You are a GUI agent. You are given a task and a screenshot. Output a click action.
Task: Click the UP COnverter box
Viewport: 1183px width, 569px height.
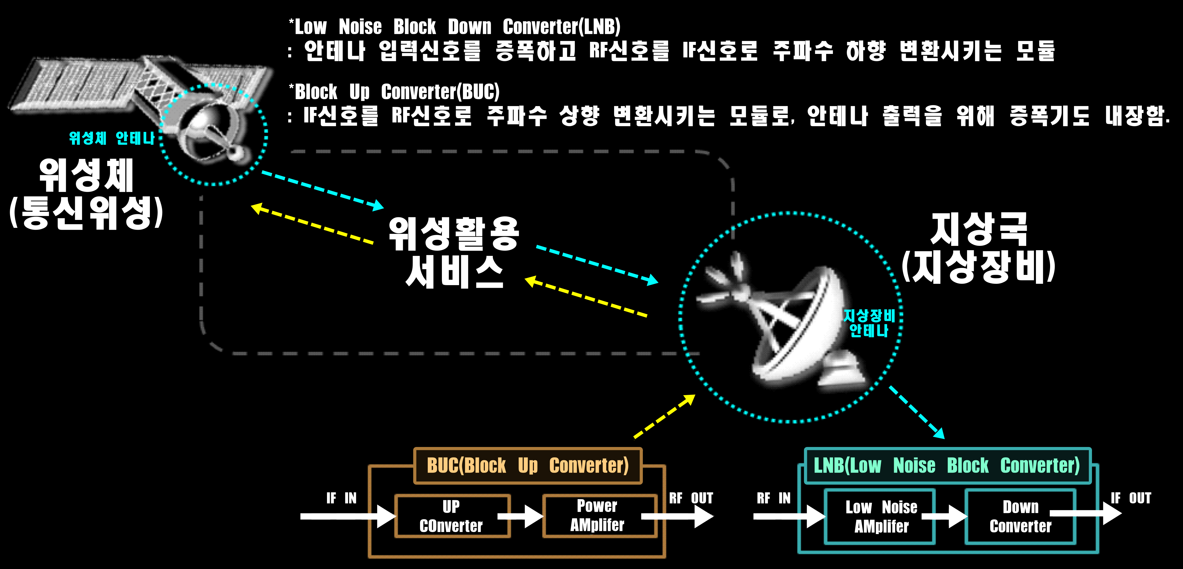[x=452, y=516]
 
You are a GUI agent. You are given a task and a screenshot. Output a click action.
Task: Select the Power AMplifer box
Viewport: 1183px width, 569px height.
[x=599, y=516]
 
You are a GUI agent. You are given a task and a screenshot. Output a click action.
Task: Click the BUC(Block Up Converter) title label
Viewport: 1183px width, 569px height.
[x=528, y=466]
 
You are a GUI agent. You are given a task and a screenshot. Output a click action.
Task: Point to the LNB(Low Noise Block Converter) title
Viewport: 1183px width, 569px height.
[x=947, y=466]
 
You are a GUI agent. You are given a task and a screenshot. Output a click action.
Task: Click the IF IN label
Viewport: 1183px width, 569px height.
[x=341, y=498]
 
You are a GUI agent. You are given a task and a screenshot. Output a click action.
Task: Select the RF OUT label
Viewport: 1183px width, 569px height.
[x=691, y=498]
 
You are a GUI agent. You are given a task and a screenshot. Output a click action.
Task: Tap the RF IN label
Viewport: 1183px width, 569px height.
[x=774, y=498]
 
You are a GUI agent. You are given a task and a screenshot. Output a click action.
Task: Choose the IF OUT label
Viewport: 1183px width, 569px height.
[x=1131, y=498]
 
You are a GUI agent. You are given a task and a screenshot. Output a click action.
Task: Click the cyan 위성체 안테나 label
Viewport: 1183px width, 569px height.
[x=112, y=138]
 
